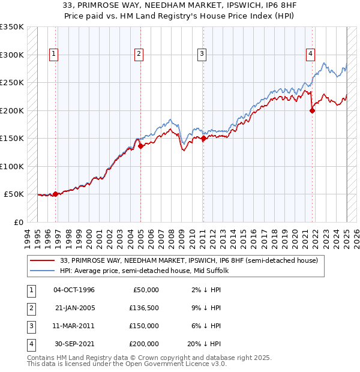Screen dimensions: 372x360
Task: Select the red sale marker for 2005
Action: click(140, 145)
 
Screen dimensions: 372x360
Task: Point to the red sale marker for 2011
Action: click(203, 138)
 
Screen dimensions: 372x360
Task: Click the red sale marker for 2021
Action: click(312, 110)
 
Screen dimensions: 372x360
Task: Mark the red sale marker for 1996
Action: click(55, 194)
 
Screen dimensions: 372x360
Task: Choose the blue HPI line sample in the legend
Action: click(43, 271)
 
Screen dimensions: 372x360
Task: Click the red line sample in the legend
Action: click(43, 260)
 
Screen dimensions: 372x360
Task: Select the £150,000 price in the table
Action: click(144, 326)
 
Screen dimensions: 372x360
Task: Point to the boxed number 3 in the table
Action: click(31, 326)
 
